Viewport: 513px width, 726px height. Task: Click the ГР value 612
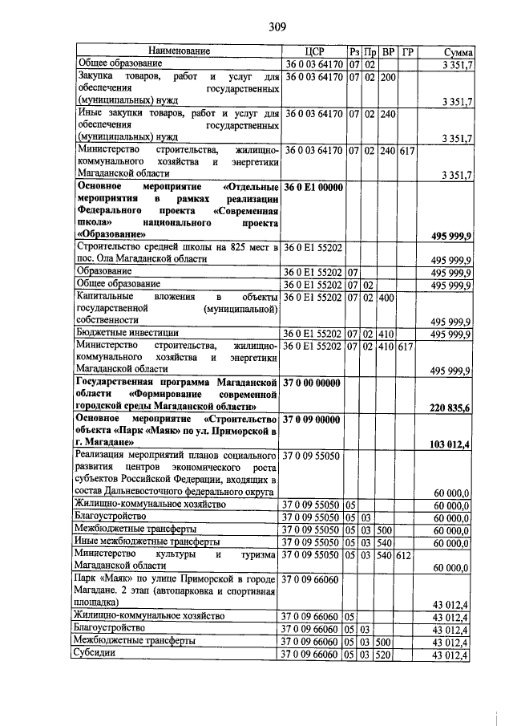(x=407, y=554)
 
